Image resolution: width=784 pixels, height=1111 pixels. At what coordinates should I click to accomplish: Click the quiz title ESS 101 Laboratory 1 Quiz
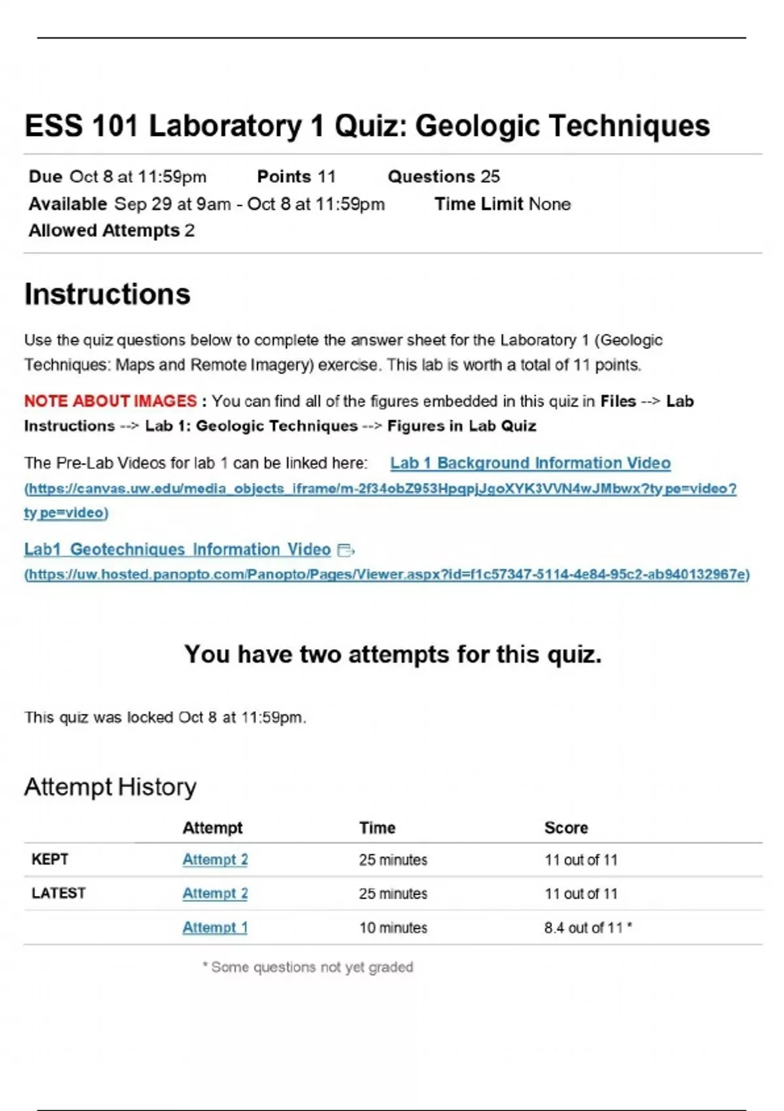[367, 126]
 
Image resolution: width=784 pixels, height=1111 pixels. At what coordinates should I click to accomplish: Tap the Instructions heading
[107, 294]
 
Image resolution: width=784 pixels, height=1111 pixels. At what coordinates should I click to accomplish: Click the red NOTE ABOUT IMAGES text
[110, 401]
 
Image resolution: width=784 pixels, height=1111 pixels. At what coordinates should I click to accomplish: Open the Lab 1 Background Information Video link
[530, 463]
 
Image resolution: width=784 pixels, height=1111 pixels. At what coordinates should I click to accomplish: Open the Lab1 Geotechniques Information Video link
[177, 549]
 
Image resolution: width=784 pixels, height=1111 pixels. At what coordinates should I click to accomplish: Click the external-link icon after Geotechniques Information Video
[346, 550]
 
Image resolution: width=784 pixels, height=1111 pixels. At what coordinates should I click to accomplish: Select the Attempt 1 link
[214, 927]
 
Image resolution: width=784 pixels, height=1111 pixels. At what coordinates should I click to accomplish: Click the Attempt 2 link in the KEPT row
[214, 859]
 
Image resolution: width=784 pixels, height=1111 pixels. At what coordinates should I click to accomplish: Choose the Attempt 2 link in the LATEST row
[214, 893]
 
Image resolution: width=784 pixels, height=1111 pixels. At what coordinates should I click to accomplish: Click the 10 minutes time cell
[393, 927]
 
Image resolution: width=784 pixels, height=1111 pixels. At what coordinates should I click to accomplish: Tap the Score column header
[566, 827]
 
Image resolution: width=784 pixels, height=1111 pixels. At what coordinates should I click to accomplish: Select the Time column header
[377, 827]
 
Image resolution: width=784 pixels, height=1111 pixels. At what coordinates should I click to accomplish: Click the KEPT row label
[50, 859]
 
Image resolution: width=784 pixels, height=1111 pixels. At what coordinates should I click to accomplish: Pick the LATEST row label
[58, 893]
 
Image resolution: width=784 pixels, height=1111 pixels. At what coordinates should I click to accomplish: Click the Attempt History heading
[110, 787]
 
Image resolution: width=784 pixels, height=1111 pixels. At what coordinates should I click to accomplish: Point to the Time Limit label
[479, 204]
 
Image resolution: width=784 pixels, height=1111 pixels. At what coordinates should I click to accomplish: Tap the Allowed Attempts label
[104, 231]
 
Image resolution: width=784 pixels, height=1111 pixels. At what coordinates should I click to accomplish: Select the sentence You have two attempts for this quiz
[393, 654]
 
